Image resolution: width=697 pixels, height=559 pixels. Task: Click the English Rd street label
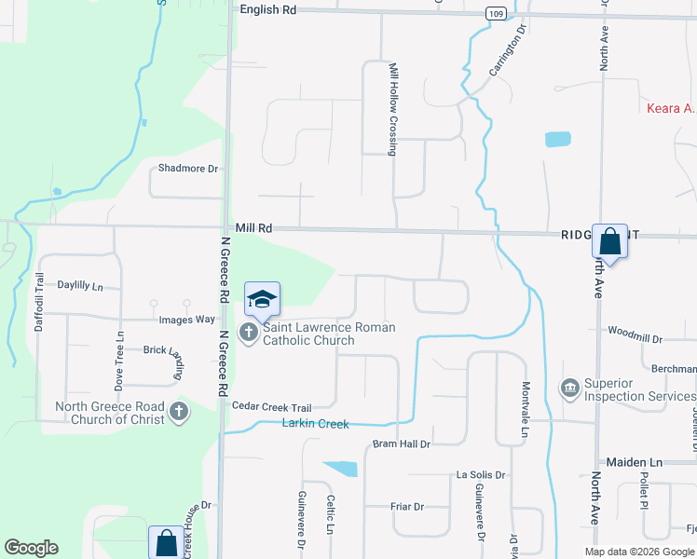click(x=267, y=9)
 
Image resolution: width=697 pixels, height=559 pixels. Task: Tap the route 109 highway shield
click(x=497, y=13)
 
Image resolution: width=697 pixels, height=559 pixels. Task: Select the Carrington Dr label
click(x=508, y=57)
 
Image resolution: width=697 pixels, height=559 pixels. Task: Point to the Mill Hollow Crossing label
click(x=393, y=108)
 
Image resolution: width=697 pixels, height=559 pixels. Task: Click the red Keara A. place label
click(x=671, y=108)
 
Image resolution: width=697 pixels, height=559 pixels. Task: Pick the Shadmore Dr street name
click(x=187, y=169)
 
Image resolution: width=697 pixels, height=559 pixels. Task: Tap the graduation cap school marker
click(x=262, y=298)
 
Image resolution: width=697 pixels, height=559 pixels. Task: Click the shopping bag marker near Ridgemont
click(x=609, y=242)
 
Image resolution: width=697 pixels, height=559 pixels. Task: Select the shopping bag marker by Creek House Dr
click(x=166, y=542)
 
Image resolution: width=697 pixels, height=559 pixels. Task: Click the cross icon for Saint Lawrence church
click(x=249, y=333)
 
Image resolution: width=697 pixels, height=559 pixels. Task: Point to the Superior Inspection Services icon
click(x=568, y=387)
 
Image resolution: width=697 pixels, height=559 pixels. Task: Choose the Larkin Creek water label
click(x=315, y=424)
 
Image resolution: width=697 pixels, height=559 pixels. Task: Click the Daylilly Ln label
click(x=80, y=285)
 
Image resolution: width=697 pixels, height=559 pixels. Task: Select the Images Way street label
click(x=186, y=320)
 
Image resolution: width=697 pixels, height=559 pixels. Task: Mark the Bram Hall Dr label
click(x=401, y=444)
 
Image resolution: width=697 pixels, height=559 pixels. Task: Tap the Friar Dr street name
click(x=406, y=507)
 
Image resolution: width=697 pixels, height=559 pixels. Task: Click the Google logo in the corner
click(x=31, y=548)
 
